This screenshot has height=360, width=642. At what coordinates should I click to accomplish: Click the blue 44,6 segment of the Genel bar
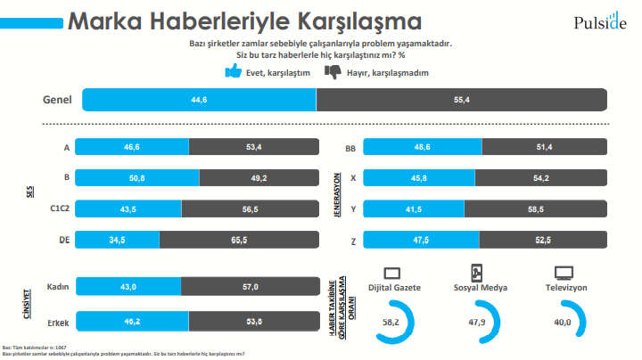pos(199,100)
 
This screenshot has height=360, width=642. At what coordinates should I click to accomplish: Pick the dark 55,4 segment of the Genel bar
pos(461,100)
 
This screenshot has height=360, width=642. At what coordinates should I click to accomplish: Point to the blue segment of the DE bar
pos(118,239)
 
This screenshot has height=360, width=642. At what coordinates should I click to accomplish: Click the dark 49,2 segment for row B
pos(259,177)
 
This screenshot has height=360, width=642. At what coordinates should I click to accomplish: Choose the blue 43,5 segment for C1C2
pos(128,208)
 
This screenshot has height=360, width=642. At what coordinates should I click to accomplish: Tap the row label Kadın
pos(59,286)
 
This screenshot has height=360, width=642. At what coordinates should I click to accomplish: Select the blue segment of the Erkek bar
pos(132,319)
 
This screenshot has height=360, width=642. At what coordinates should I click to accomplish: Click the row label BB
pos(350,147)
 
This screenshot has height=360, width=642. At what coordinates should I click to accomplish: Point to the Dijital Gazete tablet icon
pos(393,272)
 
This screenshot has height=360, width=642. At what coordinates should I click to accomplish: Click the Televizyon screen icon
pos(563,272)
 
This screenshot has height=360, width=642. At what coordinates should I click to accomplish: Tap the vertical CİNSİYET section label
pos(27,303)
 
